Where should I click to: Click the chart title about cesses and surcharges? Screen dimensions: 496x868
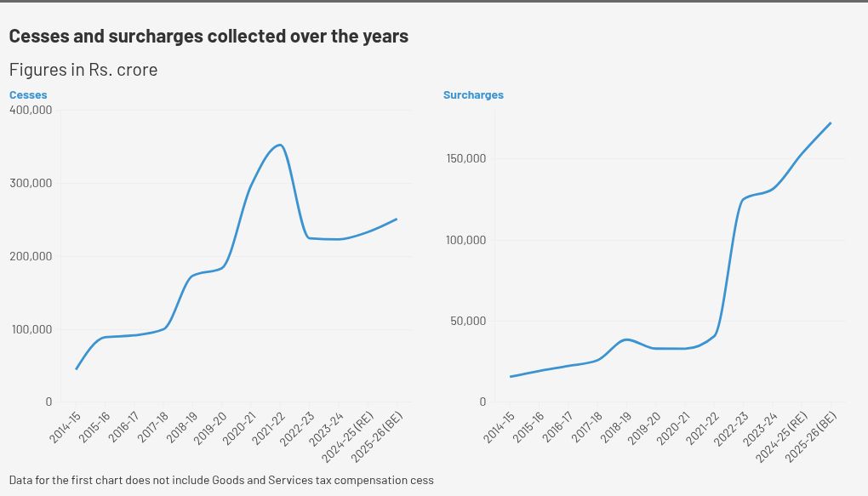(x=208, y=37)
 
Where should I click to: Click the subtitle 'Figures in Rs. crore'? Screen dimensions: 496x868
(x=83, y=70)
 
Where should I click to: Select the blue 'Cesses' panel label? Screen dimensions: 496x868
(x=28, y=95)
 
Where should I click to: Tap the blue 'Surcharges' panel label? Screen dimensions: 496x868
(x=473, y=95)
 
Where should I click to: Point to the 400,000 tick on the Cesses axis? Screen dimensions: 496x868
(x=31, y=110)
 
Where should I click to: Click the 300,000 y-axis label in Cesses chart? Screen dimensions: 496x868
(x=31, y=183)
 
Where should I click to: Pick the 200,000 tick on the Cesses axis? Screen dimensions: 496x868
(x=31, y=256)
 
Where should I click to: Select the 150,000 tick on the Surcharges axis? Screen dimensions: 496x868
(x=465, y=158)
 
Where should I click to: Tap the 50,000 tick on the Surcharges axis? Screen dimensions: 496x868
(x=467, y=321)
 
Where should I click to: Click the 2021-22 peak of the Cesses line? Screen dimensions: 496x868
(x=280, y=145)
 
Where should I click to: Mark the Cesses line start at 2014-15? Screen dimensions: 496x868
(x=76, y=369)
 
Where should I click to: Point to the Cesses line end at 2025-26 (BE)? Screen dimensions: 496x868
(x=397, y=219)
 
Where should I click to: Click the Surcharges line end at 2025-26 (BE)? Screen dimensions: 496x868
(x=831, y=123)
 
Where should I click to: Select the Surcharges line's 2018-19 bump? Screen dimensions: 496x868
(x=626, y=339)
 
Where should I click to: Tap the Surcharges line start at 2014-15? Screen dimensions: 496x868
(x=511, y=376)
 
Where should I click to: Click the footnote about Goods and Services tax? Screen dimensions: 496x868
(x=221, y=481)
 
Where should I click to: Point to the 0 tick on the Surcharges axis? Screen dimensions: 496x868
(x=482, y=402)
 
